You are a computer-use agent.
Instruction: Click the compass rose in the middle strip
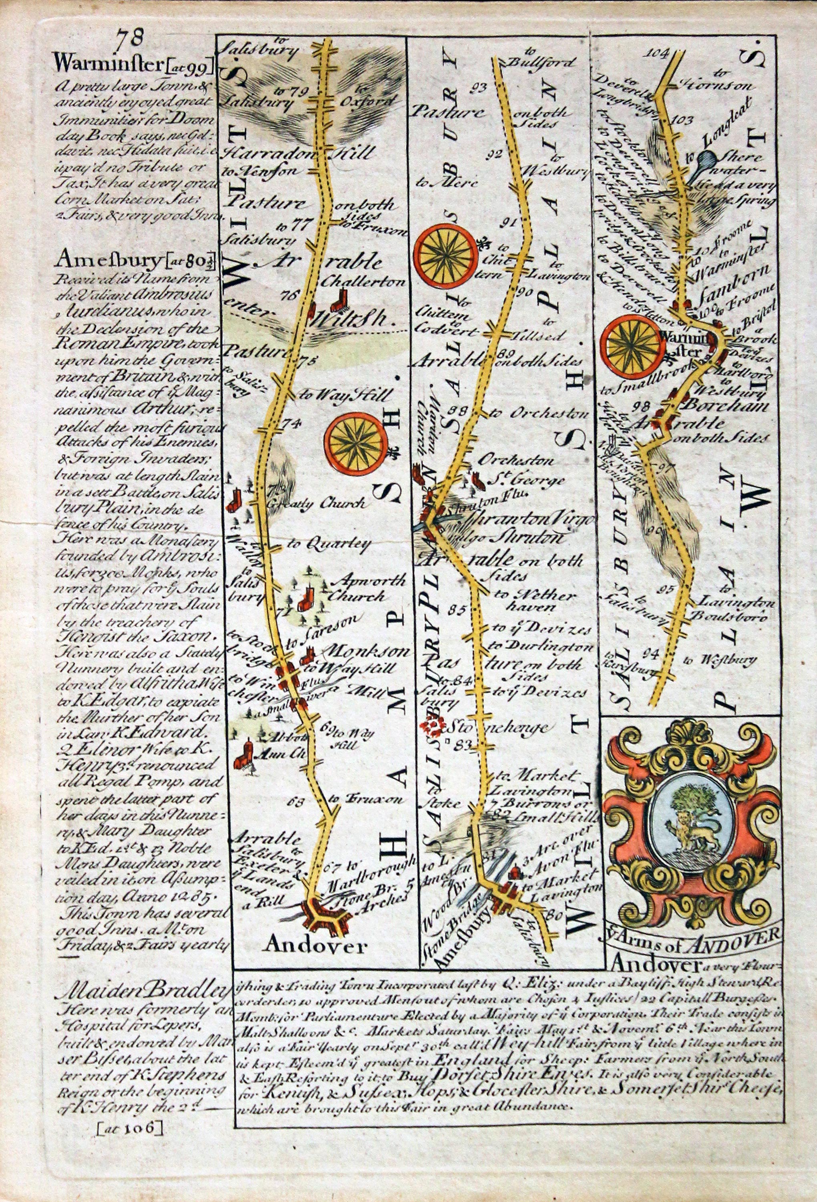tap(446, 255)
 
